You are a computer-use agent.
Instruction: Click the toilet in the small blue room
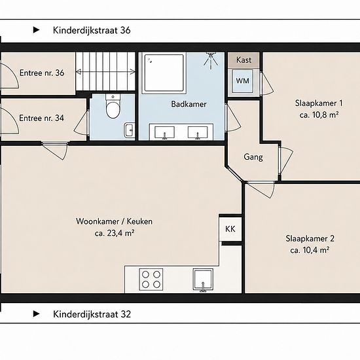pos(113,106)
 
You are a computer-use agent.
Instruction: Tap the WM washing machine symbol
pos(242,81)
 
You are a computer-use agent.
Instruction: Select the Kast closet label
pos(244,60)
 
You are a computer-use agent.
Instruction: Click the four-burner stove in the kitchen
pos(151,279)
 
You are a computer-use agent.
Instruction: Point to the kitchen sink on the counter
pos(203,280)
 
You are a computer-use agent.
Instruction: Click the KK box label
pos(230,229)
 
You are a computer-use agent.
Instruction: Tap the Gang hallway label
pos(253,157)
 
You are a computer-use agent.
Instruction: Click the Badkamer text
pos(189,104)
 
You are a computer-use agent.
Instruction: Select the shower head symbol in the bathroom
pos(210,61)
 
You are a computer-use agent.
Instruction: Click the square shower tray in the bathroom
pos(164,73)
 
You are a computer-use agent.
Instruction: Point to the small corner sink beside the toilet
pos(129,130)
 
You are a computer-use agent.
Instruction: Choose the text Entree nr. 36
pos(42,73)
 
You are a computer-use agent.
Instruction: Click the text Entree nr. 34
pos(41,118)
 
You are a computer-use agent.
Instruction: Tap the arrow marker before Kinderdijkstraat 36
pos(36,30)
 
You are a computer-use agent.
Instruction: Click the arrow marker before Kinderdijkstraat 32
pos(36,314)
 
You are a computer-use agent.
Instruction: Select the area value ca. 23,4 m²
pos(115,233)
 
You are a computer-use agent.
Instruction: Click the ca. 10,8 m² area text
pos(319,115)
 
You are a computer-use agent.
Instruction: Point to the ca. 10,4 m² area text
pos(310,250)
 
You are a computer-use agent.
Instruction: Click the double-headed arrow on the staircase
pos(105,72)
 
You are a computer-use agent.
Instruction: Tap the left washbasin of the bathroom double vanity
pos(164,133)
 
